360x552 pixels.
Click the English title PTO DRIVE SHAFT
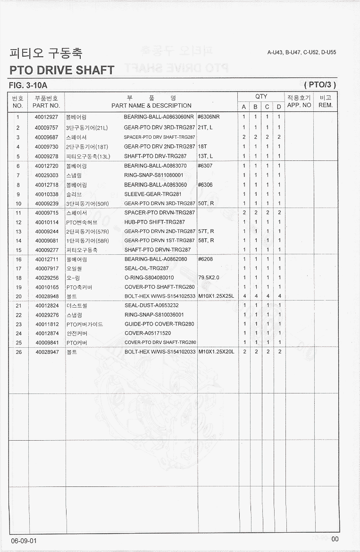[x=62, y=70]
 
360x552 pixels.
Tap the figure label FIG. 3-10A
[x=28, y=85]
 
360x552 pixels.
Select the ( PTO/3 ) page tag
[x=320, y=85]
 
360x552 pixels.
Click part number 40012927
[x=46, y=117]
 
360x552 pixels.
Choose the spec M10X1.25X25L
[x=216, y=296]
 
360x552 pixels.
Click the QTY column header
[x=261, y=97]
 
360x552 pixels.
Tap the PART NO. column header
[x=46, y=106]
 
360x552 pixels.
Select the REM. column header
[x=326, y=105]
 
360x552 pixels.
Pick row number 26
[x=18, y=352]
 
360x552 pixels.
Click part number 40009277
[x=46, y=250]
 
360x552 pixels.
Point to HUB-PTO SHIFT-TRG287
[x=155, y=222]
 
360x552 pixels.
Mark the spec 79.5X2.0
[x=209, y=278]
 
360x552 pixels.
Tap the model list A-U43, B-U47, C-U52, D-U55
[x=301, y=52]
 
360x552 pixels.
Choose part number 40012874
[x=46, y=334]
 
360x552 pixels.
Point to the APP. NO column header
[x=299, y=105]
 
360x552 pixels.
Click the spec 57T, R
[x=206, y=231]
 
